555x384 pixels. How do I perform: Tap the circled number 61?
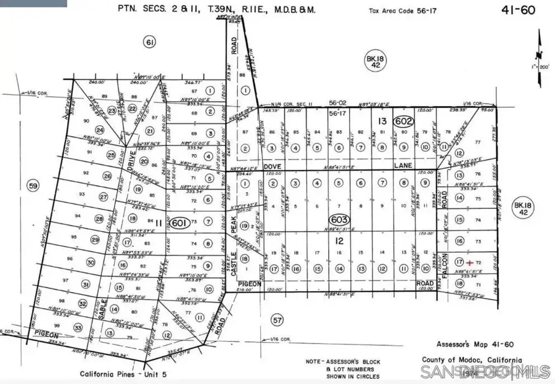click(x=149, y=42)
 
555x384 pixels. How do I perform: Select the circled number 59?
click(x=33, y=185)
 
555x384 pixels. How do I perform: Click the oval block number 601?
click(x=179, y=223)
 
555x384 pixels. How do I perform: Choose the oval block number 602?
click(x=403, y=122)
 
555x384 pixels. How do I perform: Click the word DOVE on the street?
click(x=272, y=166)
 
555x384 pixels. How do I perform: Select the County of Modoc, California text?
click(x=472, y=361)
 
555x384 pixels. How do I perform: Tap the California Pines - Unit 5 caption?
click(x=123, y=374)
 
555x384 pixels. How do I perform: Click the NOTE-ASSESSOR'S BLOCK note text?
click(x=343, y=362)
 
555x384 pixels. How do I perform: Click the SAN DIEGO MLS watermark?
click(x=484, y=371)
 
